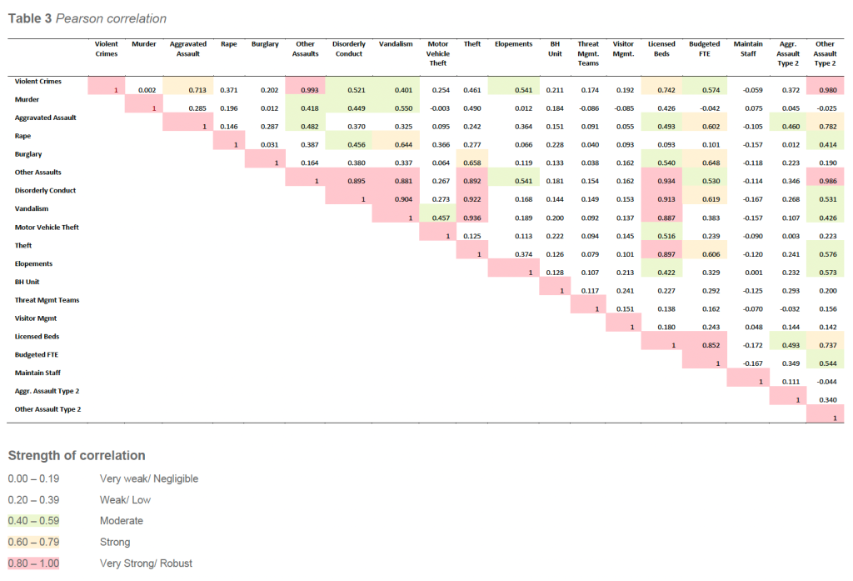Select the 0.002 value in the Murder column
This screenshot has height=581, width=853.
tap(147, 90)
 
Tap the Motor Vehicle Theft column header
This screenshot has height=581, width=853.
tap(438, 53)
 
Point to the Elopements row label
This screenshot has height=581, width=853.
tap(33, 263)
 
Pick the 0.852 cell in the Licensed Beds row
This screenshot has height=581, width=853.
tap(705, 345)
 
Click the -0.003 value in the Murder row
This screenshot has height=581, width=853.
tap(438, 108)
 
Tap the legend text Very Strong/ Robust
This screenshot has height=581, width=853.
tap(146, 563)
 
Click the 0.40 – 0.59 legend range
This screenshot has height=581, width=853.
tap(33, 521)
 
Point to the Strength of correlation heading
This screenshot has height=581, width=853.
tap(77, 455)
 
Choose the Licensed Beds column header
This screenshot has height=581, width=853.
tap(661, 48)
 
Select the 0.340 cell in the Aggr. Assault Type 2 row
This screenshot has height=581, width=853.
tap(825, 399)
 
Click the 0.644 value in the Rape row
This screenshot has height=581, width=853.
tap(393, 145)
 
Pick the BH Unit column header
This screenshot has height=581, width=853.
tap(555, 48)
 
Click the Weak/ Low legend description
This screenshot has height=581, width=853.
tap(125, 500)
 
